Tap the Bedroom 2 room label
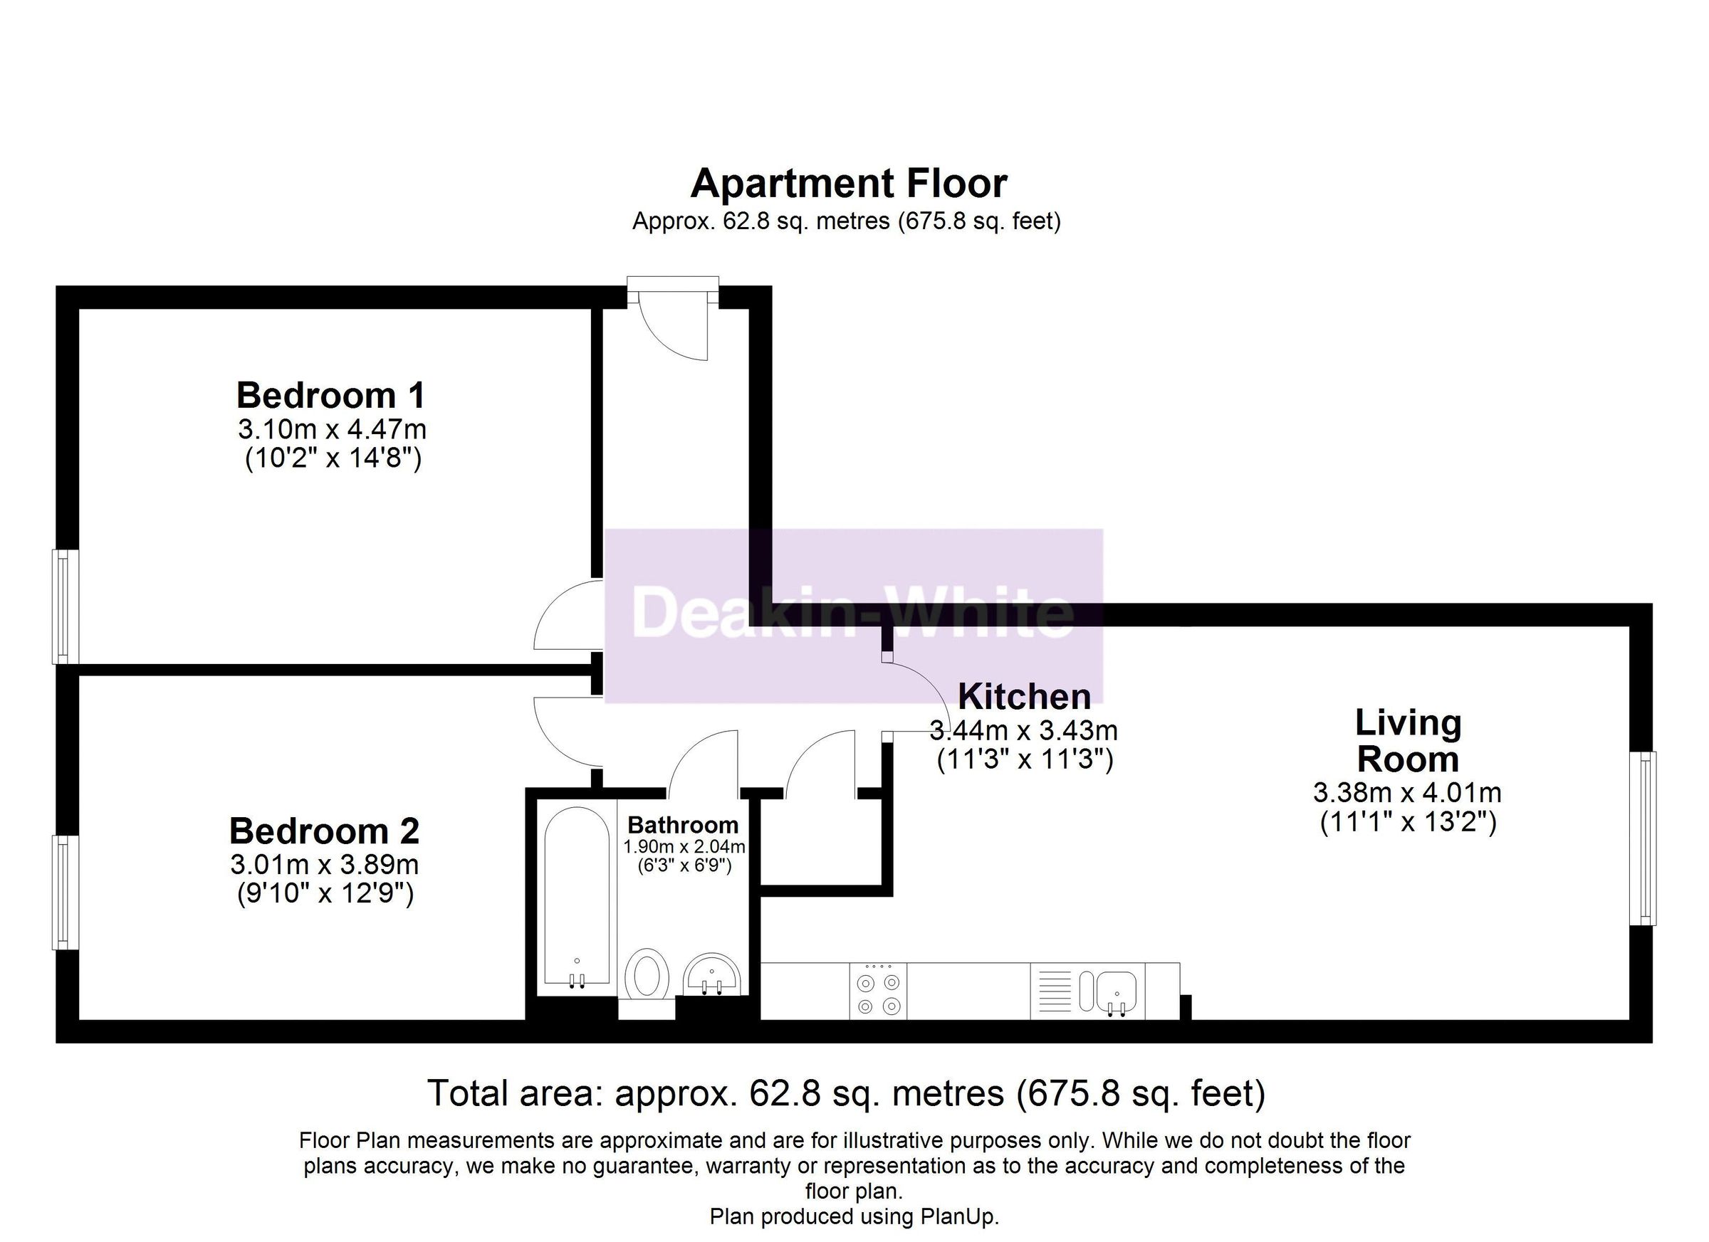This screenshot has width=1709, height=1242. [x=324, y=831]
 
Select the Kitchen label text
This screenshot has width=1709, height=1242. [x=1024, y=697]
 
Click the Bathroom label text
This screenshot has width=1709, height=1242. [x=683, y=825]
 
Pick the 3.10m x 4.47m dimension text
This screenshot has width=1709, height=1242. [x=333, y=429]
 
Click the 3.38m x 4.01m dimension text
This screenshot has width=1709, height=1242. [x=1408, y=792]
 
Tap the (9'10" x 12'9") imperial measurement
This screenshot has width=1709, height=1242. [x=325, y=894]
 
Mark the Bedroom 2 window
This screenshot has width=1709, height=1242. [x=65, y=893]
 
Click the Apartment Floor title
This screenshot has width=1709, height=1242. [x=849, y=183]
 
